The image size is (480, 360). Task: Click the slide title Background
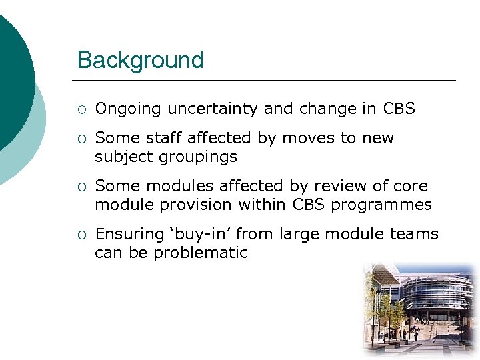pyautogui.click(x=140, y=60)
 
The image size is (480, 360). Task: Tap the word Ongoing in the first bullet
pyautogui.click(x=129, y=109)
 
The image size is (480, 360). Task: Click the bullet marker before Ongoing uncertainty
pyautogui.click(x=81, y=109)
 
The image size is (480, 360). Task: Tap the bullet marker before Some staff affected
pyautogui.click(x=81, y=139)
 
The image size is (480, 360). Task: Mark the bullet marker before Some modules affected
pyautogui.click(x=81, y=187)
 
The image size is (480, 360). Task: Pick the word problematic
pyautogui.click(x=201, y=253)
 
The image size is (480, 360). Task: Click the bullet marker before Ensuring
pyautogui.click(x=81, y=235)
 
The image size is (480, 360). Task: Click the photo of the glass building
pyautogui.click(x=419, y=310)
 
